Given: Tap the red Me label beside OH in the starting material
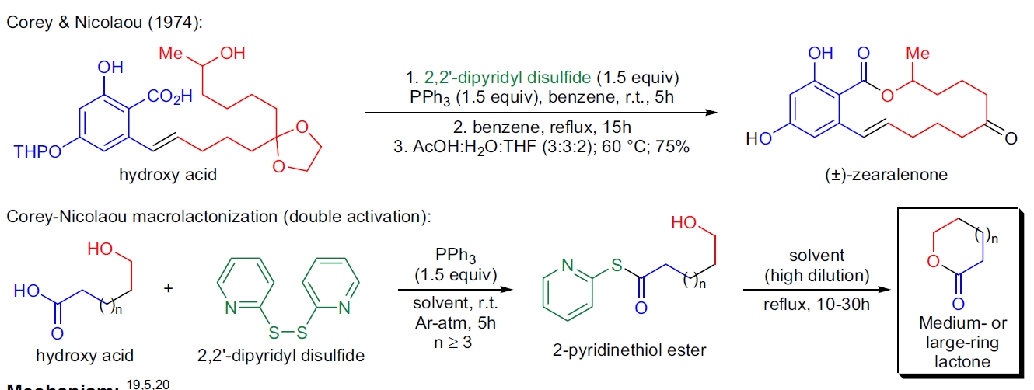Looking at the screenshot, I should [x=170, y=54].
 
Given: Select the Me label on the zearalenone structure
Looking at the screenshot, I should [x=919, y=54].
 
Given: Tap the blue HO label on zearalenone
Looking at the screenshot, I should [x=756, y=140].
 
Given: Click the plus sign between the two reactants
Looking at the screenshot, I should [x=169, y=287].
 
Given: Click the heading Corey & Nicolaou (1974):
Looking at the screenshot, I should [x=104, y=24].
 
